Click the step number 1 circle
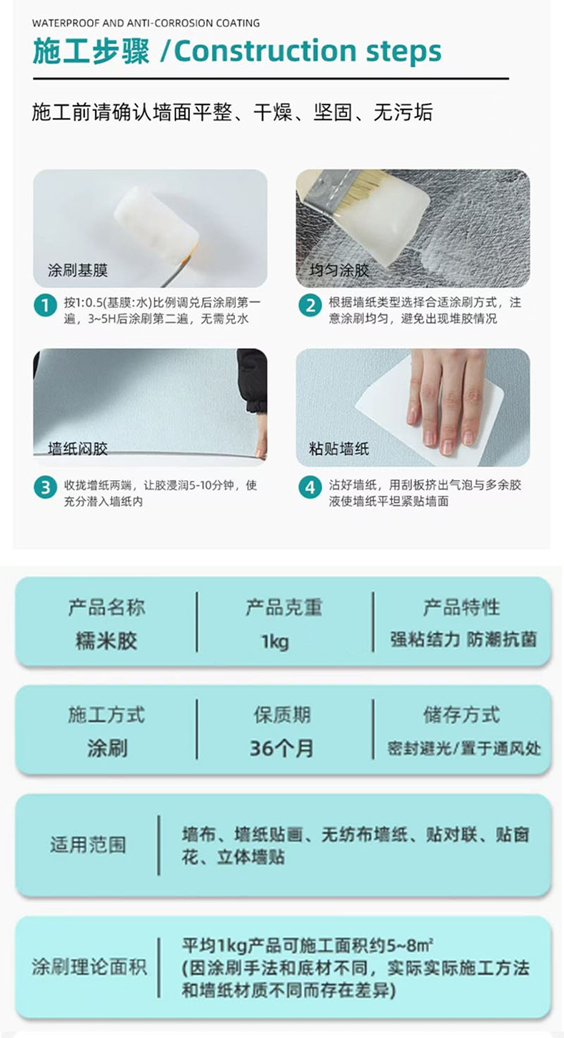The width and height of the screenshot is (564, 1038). pyautogui.click(x=46, y=305)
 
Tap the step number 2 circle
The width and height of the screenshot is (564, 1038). pyautogui.click(x=310, y=305)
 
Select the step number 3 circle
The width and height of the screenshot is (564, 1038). pyautogui.click(x=46, y=487)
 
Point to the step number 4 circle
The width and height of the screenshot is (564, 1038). pyautogui.click(x=310, y=487)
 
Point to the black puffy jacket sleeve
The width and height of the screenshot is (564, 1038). pyautogui.click(x=252, y=380)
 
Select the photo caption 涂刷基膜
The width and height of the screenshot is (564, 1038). pyautogui.click(x=78, y=270)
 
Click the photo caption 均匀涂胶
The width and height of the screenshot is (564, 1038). pyautogui.click(x=339, y=270)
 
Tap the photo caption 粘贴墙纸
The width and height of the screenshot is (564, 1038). pyautogui.click(x=339, y=449)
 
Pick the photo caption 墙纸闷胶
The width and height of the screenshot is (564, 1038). pyautogui.click(x=78, y=449)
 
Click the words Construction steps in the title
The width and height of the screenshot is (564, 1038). pyautogui.click(x=308, y=51)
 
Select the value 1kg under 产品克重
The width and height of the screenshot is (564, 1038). pyautogui.click(x=275, y=642)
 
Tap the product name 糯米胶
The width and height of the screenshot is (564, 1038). pyautogui.click(x=106, y=641)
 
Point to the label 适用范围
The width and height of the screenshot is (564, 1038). pyautogui.click(x=88, y=844)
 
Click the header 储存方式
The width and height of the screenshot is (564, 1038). pyautogui.click(x=462, y=714)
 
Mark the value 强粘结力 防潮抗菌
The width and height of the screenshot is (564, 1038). pyautogui.click(x=463, y=639)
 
